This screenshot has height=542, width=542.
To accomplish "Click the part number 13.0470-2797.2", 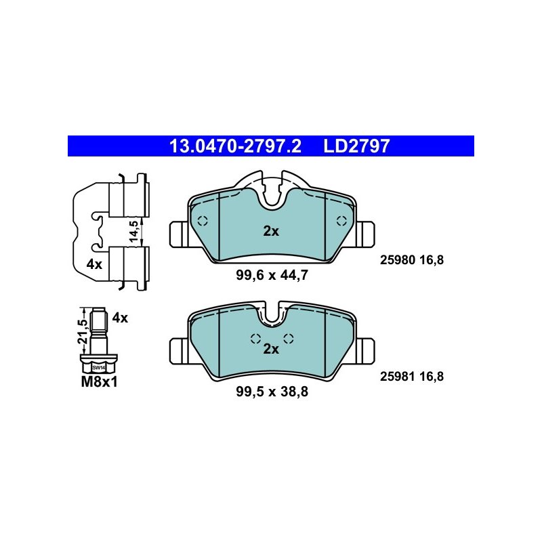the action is pyautogui.click(x=235, y=146).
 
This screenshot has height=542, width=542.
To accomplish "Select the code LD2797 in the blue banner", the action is pyautogui.click(x=356, y=146).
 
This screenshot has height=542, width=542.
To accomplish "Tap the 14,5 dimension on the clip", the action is pyautogui.click(x=133, y=231).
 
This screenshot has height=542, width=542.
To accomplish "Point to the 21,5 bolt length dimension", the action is pyautogui.click(x=83, y=331).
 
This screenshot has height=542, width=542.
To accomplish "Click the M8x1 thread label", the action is pyautogui.click(x=99, y=382).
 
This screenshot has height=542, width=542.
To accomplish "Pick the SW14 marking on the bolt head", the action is pyautogui.click(x=98, y=367).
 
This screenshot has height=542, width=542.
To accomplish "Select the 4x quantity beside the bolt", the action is pyautogui.click(x=120, y=318).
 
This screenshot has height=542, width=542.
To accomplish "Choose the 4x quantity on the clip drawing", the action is pyautogui.click(x=94, y=264).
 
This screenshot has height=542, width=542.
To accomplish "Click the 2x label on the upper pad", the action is pyautogui.click(x=271, y=231).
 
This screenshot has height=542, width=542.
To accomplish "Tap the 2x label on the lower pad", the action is pyautogui.click(x=271, y=349).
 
